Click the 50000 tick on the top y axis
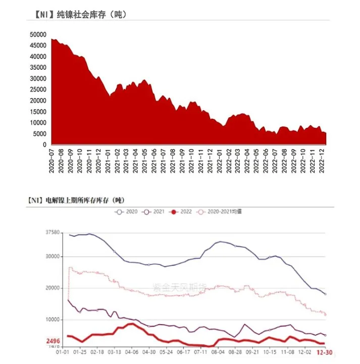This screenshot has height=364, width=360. (38, 35)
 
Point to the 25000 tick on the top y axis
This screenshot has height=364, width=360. (38, 89)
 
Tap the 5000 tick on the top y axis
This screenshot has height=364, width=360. (40, 133)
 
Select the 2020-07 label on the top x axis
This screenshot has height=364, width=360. (52, 160)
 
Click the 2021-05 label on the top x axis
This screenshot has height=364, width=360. (145, 160)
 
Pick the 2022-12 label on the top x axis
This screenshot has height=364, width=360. (322, 160)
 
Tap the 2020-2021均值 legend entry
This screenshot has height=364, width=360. (220, 211)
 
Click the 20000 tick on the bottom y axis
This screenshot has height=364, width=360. (53, 288)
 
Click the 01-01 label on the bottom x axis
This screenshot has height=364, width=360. (62, 352)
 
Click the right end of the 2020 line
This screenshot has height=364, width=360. (325, 294)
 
